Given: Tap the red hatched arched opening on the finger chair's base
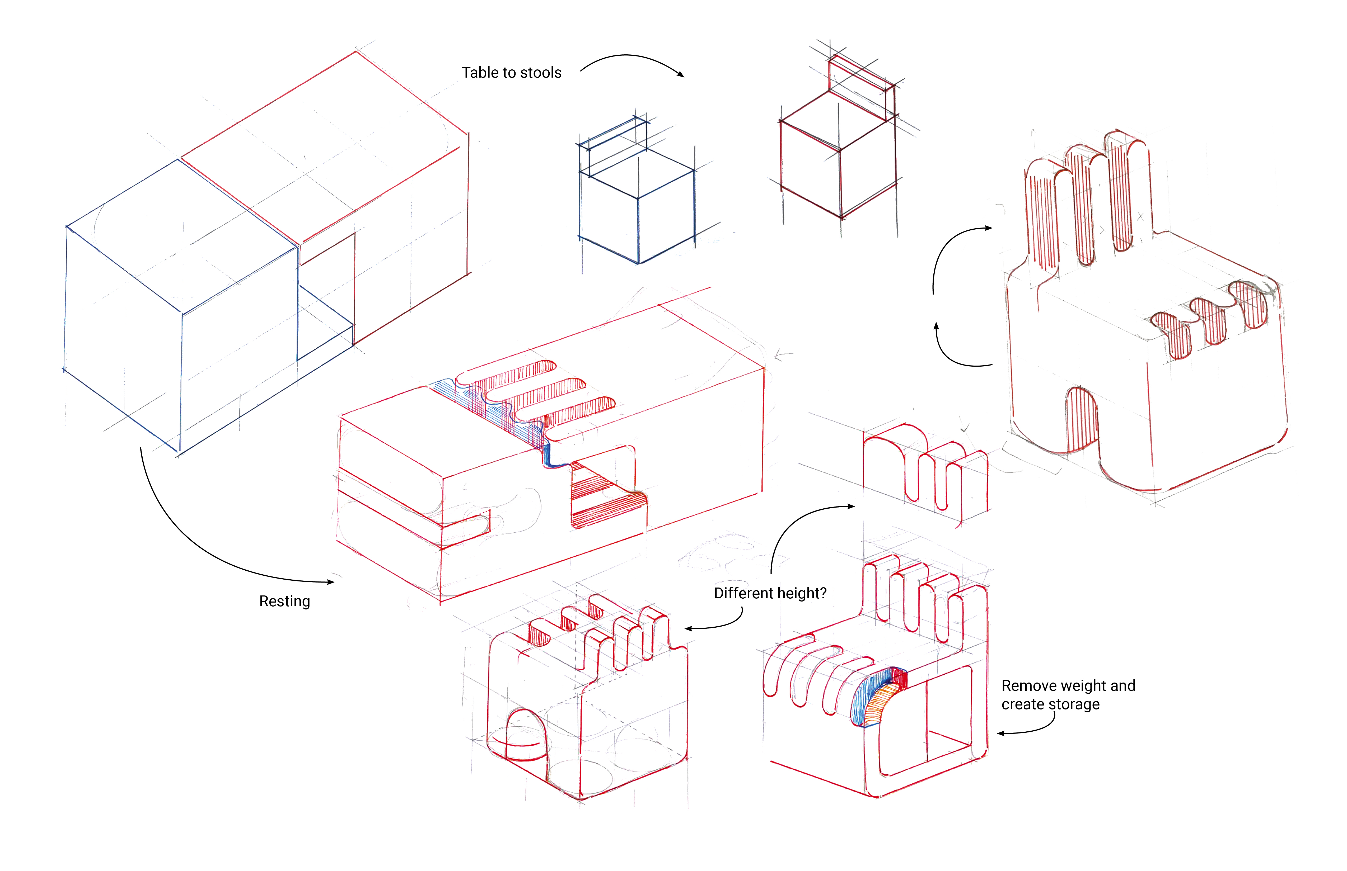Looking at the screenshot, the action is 1081,419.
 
